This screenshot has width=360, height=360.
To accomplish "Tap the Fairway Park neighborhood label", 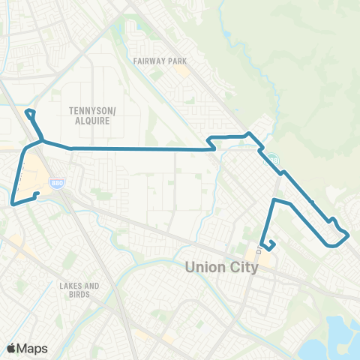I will pos(160,61).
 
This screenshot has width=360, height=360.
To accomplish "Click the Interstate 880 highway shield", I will pos(56,183).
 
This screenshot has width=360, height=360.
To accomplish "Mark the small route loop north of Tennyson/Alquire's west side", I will pos(31,115).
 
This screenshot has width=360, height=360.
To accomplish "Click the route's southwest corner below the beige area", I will pos(13,202).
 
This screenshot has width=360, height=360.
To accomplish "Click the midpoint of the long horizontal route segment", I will pos(139,148).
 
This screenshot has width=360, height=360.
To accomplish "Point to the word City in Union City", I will pos(242,266).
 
